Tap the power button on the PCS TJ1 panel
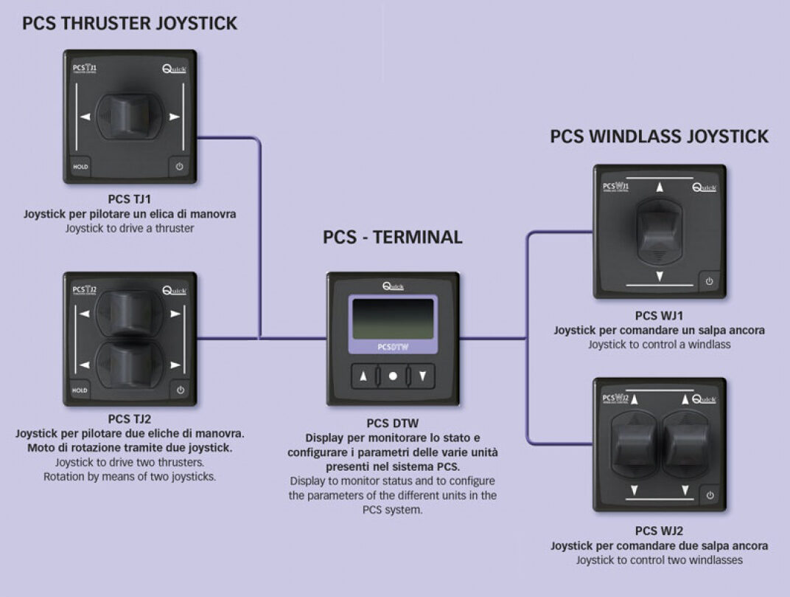point(179,167)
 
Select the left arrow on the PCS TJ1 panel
point(86,117)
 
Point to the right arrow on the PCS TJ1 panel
point(175,117)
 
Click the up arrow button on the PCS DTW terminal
point(363,376)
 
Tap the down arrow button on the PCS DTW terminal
point(422,376)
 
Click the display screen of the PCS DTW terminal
point(393,319)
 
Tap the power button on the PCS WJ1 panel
point(709,281)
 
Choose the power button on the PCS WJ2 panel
point(709,495)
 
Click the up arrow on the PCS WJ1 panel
point(660,188)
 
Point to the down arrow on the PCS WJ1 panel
point(660,276)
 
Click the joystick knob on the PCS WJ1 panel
point(660,230)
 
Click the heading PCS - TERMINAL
point(393,238)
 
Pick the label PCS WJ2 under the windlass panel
point(659,531)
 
